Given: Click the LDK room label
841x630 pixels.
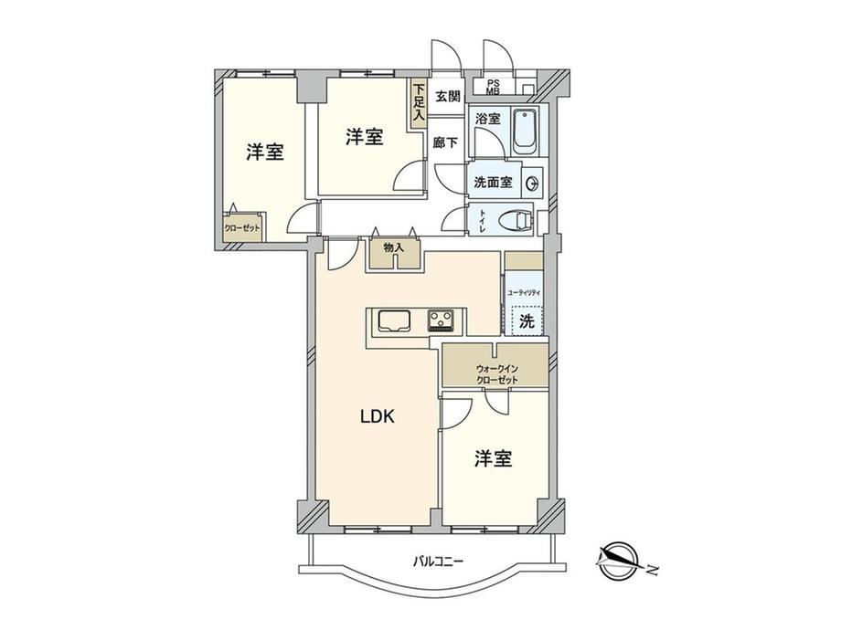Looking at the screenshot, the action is pos(377,416).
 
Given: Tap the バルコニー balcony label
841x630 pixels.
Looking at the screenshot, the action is pos(437,562).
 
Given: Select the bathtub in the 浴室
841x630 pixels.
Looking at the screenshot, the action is pos(525,132).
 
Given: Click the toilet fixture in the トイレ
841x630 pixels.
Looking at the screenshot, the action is pos(516,220).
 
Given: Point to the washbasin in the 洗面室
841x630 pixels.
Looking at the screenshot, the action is pos(532,184).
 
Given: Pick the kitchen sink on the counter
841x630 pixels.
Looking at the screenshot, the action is pos(394,320).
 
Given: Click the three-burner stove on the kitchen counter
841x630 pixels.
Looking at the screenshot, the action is pos(441,320).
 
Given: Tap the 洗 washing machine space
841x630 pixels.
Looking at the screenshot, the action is pos(527,320).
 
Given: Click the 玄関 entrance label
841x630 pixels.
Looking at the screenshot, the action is pos(447,97).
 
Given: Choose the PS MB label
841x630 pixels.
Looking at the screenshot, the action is pos(493,87).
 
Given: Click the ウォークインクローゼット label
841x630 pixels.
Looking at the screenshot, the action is pos(496,374).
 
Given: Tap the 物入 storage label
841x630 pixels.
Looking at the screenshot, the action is pos(393,247).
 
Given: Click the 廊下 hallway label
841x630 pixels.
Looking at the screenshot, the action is pos(446,142).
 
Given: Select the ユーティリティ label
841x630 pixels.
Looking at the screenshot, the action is pos(524,292).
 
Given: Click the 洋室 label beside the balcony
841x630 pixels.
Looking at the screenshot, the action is pos(493,458).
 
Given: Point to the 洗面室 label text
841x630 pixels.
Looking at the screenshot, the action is pos(493,183).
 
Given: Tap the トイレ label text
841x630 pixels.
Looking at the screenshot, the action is pos(482,221).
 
